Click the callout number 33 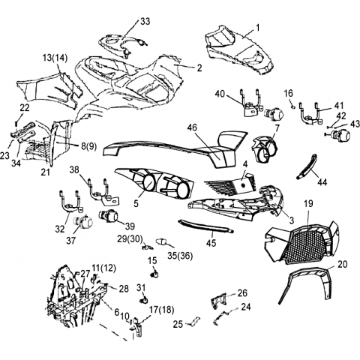tap(145, 22)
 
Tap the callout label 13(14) tap(55, 58)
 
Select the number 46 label tap(192, 127)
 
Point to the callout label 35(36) tap(180, 256)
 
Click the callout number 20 tap(342, 264)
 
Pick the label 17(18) tap(162, 310)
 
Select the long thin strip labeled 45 tap(205, 226)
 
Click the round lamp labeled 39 tap(109, 215)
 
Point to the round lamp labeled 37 tap(83, 221)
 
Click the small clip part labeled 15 tap(154, 274)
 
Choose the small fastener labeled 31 tap(144, 300)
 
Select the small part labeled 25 tap(195, 321)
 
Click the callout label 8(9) tap(88, 146)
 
